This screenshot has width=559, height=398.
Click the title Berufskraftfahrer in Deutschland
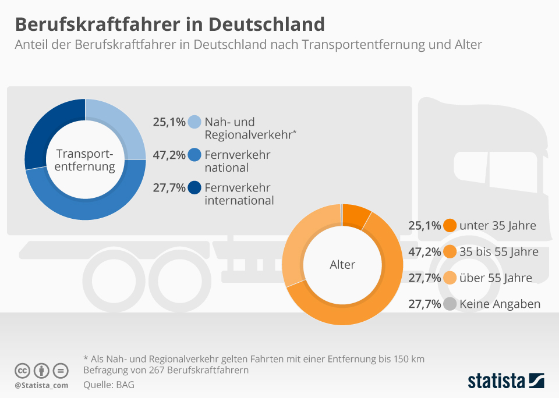point(169,24)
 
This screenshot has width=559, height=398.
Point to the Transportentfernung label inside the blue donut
point(85,160)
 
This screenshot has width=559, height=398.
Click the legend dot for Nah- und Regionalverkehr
point(194,122)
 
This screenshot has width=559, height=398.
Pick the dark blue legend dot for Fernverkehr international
point(194,187)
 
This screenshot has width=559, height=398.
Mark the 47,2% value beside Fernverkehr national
point(169,155)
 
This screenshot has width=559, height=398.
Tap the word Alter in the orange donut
point(342,265)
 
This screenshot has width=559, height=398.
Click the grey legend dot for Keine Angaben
point(449,304)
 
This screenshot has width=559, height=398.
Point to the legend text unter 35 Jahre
point(497,226)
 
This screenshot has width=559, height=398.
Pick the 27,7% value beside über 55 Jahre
point(424,278)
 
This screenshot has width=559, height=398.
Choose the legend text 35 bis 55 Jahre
point(498,252)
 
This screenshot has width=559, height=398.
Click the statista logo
point(505,381)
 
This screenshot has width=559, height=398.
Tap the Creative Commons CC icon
point(22,371)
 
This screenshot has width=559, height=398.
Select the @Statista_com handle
point(41,385)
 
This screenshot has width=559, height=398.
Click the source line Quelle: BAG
point(109,385)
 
